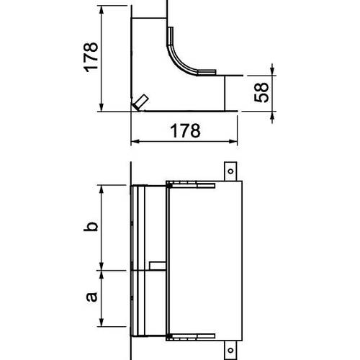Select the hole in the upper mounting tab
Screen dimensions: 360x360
230,171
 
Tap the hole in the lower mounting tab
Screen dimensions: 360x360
230,350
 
